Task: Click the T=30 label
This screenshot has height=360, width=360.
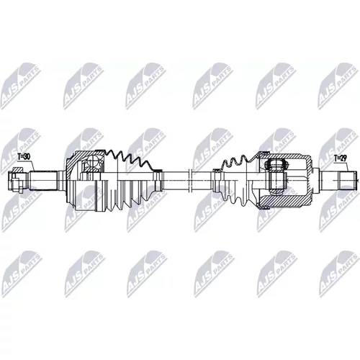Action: [24, 157]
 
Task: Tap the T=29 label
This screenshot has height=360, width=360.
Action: [341, 158]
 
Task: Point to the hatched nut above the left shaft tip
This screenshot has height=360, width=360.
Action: [17, 170]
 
